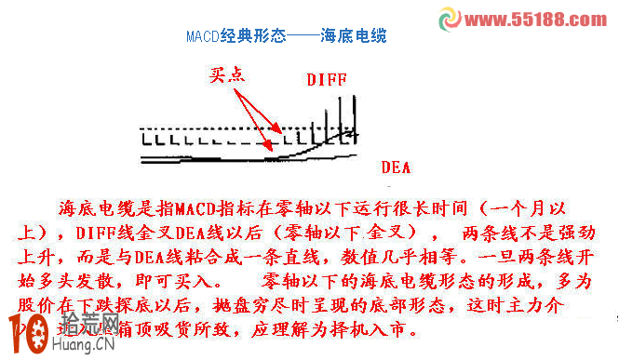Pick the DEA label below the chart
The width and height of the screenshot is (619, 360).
click(x=396, y=168)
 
